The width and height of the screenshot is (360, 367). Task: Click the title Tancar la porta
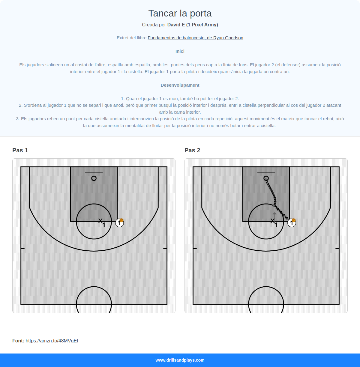tap(180, 13)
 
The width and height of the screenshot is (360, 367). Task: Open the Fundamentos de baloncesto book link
tap(195, 38)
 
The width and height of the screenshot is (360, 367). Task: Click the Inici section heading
tap(180, 51)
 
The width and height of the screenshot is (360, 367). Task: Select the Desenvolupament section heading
tap(180, 85)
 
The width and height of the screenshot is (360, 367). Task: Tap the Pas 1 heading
tap(20, 150)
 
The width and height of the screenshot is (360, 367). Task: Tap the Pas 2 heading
tap(192, 150)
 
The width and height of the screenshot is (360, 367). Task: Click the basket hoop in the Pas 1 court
tap(94, 178)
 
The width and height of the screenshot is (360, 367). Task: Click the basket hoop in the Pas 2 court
tap(266, 178)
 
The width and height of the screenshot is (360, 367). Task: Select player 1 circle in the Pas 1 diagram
tap(119, 223)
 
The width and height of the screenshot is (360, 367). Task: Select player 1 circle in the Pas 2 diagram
tap(292, 223)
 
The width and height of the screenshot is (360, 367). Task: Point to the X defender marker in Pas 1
tap(100, 221)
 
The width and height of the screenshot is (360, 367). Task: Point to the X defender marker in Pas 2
tap(272, 221)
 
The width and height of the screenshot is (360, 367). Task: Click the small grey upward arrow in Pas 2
tap(274, 215)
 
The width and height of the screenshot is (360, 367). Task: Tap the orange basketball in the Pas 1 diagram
tap(121, 220)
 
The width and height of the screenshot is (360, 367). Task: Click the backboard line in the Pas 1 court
tap(94, 173)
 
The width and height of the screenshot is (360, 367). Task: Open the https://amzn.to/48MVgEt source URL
tap(52, 341)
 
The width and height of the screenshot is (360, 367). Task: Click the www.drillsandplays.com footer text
tap(180, 360)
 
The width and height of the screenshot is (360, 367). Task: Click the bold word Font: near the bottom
tap(18, 341)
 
